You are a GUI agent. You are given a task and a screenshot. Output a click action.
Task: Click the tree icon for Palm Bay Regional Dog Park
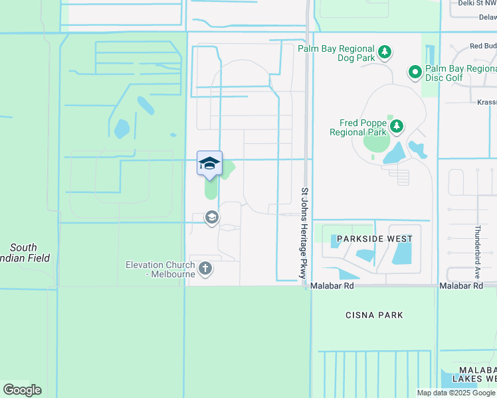pos(383,52)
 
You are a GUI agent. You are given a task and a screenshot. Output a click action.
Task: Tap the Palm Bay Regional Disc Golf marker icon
pos(415,71)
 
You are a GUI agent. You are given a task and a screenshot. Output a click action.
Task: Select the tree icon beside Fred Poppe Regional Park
pos(397,126)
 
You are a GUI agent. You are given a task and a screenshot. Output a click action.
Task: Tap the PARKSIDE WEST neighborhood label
pos(374,239)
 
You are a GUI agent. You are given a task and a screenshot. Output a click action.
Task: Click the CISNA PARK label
pos(374,315)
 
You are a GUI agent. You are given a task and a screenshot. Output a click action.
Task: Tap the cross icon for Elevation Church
pos(206,269)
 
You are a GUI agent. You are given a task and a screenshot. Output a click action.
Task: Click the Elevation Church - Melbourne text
pos(161,269)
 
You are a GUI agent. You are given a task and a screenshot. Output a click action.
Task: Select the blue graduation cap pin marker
pos(209,164)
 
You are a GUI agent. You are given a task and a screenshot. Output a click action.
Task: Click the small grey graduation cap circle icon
pos(211,218)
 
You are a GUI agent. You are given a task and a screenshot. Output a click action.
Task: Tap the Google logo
pos(22,390)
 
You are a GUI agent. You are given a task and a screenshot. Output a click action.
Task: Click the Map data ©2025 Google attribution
pos(456,393)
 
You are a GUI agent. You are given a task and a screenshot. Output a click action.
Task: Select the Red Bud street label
pos(482,46)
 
